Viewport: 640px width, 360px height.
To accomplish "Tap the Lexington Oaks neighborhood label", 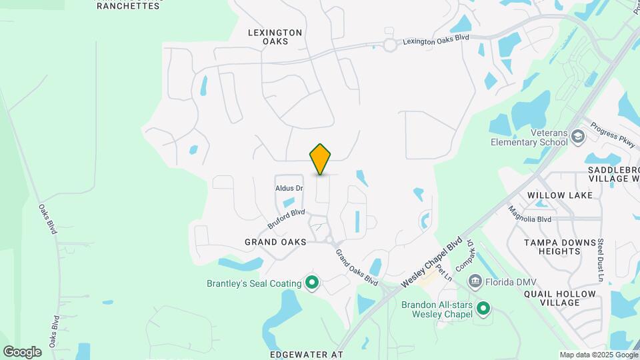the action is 275,37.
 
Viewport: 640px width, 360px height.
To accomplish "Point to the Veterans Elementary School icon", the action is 577,137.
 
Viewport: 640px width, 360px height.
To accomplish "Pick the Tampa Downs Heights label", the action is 552,247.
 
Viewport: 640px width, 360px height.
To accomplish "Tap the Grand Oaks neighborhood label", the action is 275,242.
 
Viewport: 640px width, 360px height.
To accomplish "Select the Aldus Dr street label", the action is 289,188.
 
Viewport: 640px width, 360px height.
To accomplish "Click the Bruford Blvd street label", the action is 286,218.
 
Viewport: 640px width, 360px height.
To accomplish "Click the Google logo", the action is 22,351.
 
